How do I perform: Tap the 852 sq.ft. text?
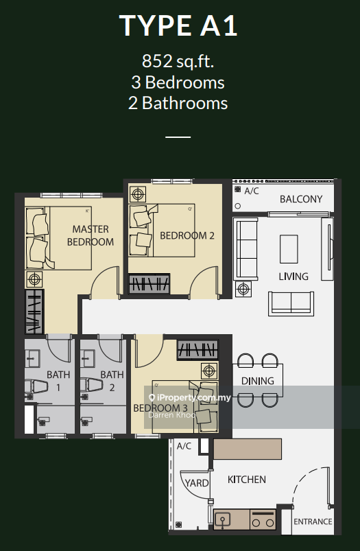point(178,62)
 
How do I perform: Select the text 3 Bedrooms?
point(178,82)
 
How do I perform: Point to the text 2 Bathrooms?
point(178,103)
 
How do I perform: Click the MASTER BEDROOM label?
point(91,235)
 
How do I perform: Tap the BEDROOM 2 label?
point(187,235)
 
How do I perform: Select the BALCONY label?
point(300,199)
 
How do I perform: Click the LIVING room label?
point(293,276)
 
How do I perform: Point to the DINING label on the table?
point(258,380)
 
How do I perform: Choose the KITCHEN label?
point(247,480)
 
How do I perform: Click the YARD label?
point(196,482)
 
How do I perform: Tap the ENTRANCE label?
point(313,521)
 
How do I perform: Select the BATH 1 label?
point(58,381)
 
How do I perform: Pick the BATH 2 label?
point(112,381)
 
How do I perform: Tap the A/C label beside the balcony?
point(250,191)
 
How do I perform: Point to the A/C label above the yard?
point(184,446)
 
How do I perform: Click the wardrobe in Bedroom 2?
point(149,283)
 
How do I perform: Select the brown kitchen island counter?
point(247,449)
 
